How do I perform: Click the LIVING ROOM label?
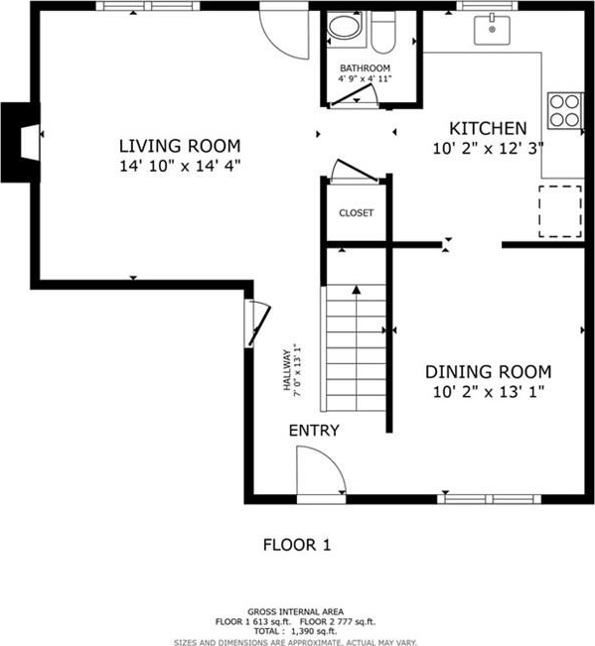point(180,146)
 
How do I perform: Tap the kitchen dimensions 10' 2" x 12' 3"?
point(488,148)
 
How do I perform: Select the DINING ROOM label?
point(488,371)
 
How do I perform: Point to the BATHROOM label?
point(365,68)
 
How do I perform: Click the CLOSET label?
point(357,213)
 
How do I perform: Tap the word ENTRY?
point(314,431)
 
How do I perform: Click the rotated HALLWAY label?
point(286,370)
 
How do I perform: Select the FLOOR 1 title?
point(297,545)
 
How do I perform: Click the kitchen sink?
point(492,30)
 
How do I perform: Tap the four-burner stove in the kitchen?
point(565,111)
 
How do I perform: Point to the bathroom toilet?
point(383,32)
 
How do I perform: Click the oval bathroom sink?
point(345,27)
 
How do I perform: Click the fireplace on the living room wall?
point(21,142)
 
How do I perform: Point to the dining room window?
point(489,499)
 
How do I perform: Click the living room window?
point(148,6)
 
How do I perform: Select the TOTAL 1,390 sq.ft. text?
point(295,631)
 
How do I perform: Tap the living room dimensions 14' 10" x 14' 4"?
point(180,166)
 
